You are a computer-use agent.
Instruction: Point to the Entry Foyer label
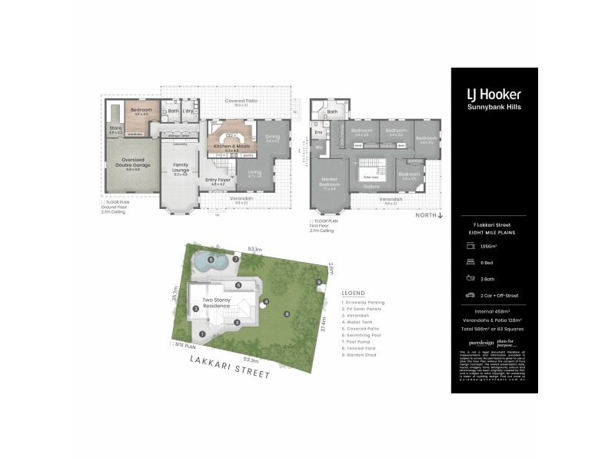(x=214, y=181)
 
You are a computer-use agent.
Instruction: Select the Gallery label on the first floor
(x=371, y=187)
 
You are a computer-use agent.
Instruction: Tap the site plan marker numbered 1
(x=202, y=333)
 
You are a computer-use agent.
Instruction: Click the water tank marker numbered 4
(x=265, y=301)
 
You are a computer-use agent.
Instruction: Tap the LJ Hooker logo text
(x=494, y=95)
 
